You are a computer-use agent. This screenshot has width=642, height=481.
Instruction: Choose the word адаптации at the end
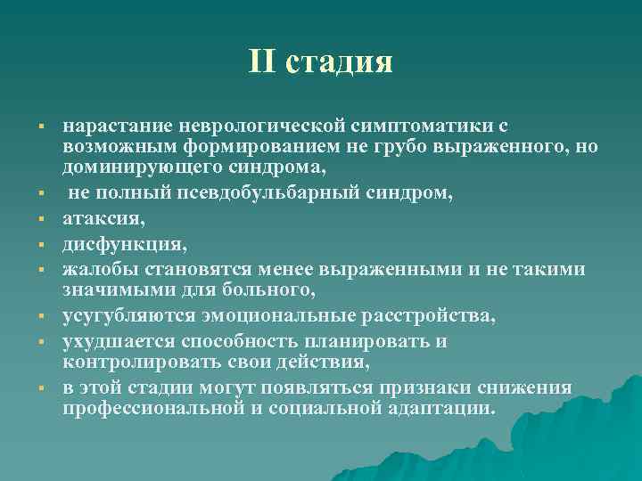tap(443, 408)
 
